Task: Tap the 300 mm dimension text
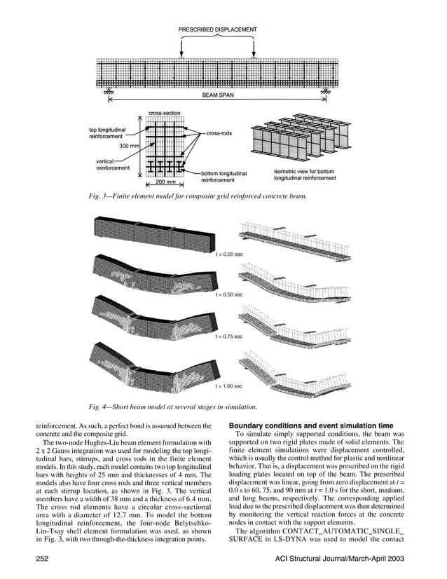(x=130, y=145)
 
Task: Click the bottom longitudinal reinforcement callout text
(x=222, y=177)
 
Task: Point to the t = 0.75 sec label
(x=229, y=336)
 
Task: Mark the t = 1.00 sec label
(x=229, y=386)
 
